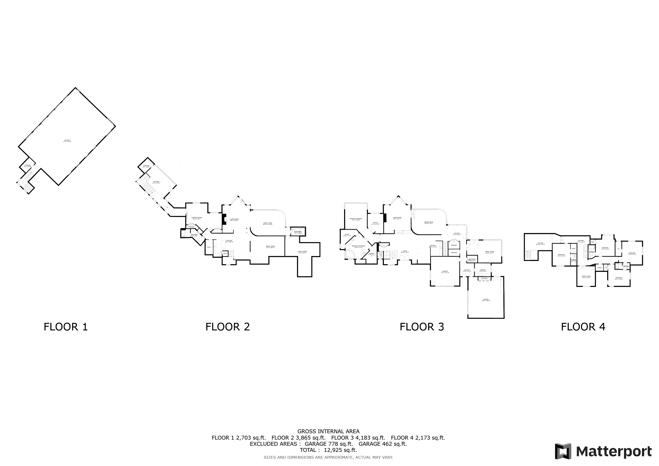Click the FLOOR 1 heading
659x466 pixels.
tap(66, 327)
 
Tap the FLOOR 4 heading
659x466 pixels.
tap(583, 327)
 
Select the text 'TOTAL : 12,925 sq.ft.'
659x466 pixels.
tap(328, 450)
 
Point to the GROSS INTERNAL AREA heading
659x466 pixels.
tap(328, 431)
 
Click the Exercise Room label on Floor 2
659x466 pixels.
tap(197, 218)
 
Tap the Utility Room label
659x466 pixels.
tap(302, 252)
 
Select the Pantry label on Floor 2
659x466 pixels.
tap(225, 253)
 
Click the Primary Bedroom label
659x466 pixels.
tap(356, 219)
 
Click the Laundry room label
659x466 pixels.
tap(482, 270)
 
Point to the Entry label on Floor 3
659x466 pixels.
tap(405, 252)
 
